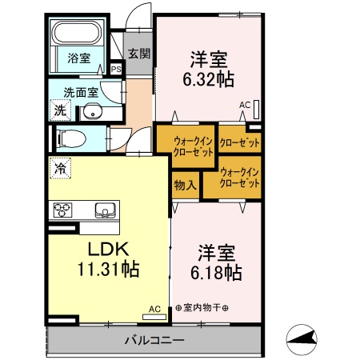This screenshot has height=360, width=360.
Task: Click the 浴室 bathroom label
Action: (x=78, y=58)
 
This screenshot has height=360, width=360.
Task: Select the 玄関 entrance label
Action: (x=138, y=54)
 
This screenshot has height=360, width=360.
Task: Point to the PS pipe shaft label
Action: (x=117, y=70)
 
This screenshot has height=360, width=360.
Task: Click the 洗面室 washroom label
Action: (x=81, y=91)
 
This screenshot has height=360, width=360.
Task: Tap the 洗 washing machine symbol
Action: (x=60, y=110)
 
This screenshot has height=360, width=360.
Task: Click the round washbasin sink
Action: (x=94, y=111)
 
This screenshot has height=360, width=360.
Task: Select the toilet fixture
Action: (x=70, y=138)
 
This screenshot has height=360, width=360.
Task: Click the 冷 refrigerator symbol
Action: (x=61, y=170)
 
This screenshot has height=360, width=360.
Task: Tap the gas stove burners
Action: (x=63, y=211)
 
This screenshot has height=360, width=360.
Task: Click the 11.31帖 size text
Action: (x=106, y=269)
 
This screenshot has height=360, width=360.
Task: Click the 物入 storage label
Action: (x=186, y=185)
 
